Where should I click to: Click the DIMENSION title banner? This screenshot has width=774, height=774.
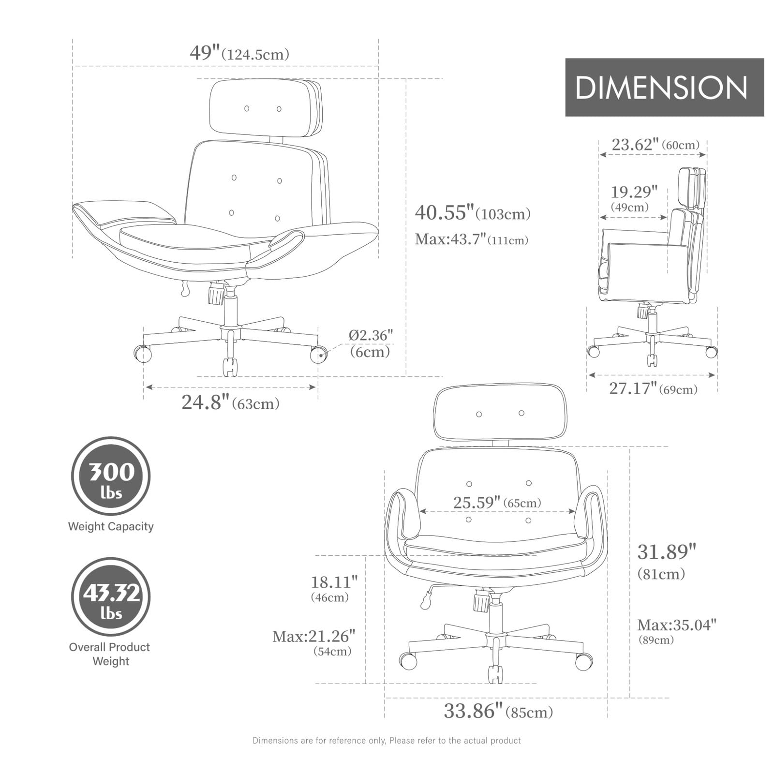664,88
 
